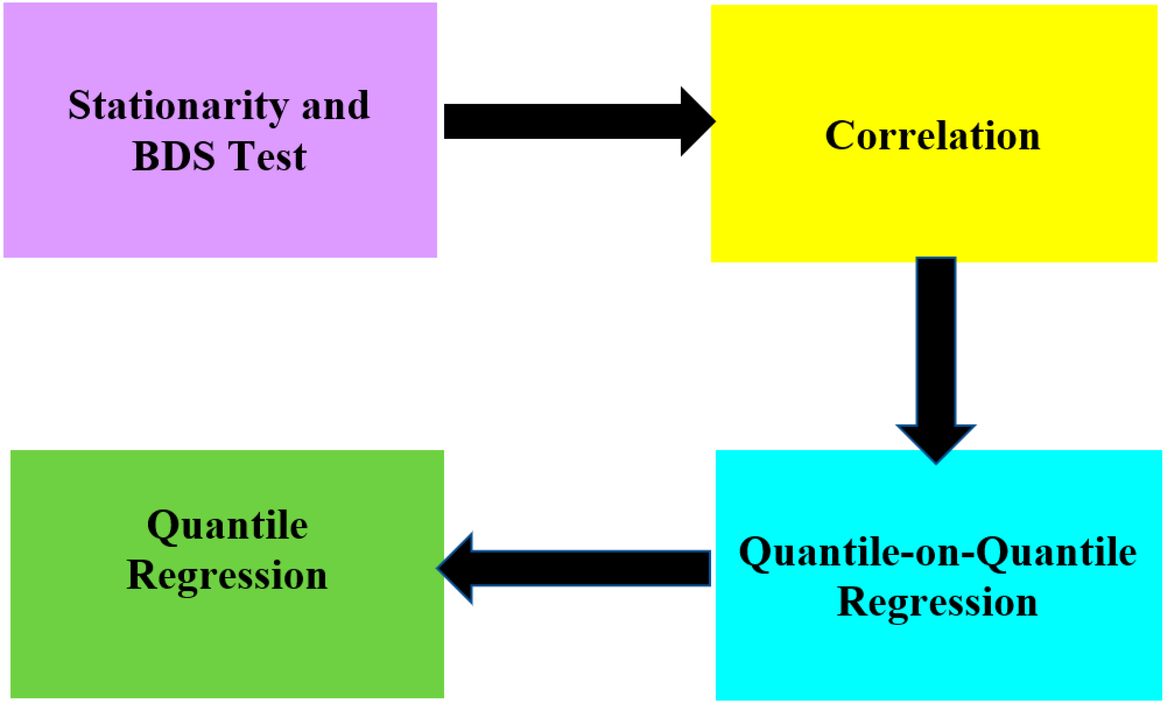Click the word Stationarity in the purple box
click(x=178, y=106)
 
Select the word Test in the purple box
click(x=267, y=156)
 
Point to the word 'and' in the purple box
click(x=336, y=106)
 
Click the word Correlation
click(x=932, y=136)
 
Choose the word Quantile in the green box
click(x=227, y=526)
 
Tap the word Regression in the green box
click(x=227, y=576)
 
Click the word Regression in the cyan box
click(x=937, y=603)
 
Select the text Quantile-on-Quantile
click(x=938, y=552)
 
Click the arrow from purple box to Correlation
click(x=567, y=122)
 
